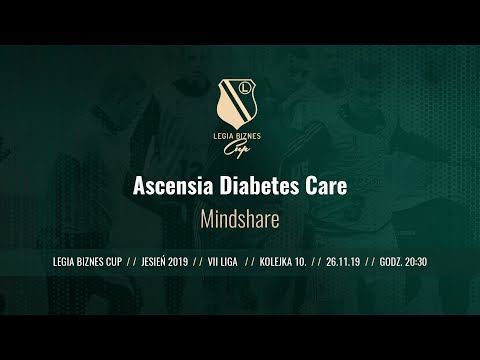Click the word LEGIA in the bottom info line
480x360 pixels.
click(x=62, y=260)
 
